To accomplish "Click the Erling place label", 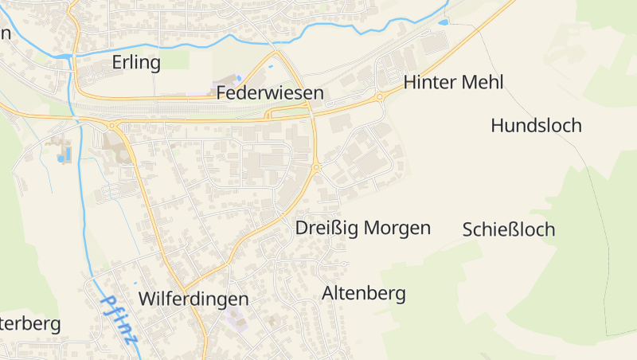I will click(x=136, y=62).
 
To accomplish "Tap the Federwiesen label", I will click(x=270, y=93).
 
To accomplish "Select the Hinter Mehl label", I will click(x=453, y=82).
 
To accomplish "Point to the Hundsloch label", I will click(x=536, y=125).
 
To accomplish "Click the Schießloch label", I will click(x=508, y=229).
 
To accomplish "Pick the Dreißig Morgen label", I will click(x=362, y=228).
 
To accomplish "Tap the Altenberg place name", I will click(x=363, y=293).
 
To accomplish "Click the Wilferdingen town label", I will click(x=193, y=299).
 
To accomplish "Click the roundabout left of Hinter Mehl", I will click(x=380, y=97).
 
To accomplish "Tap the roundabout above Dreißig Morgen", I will click(x=317, y=167).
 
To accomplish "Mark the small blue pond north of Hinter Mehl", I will click(x=443, y=22).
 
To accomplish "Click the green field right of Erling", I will click(x=178, y=59).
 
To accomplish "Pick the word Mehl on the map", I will click(x=481, y=82).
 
